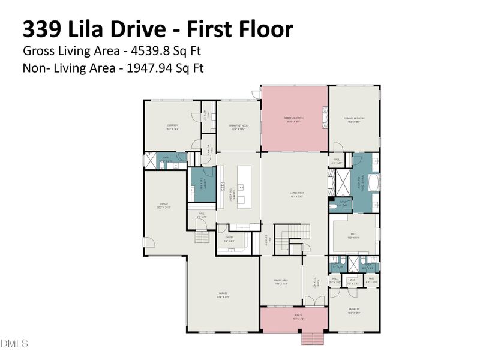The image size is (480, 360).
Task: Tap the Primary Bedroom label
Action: coord(354,119)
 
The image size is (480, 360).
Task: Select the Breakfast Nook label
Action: coord(238,127)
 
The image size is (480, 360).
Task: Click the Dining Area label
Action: coord(281,284)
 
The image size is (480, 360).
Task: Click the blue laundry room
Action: coord(203,186)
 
